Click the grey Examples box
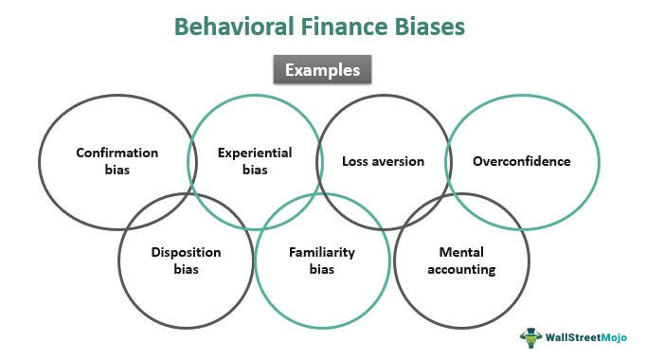click(x=322, y=70)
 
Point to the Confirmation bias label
click(x=118, y=160)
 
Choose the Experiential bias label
click(x=255, y=160)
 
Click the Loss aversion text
click(x=383, y=161)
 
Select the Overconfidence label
click(x=522, y=161)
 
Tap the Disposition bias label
click(x=186, y=261)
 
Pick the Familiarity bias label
click(x=322, y=261)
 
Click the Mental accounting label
click(x=460, y=261)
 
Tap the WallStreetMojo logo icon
click(x=529, y=336)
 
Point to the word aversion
click(x=398, y=161)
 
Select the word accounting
click(x=460, y=269)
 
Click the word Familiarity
click(x=322, y=252)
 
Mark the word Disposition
click(x=186, y=252)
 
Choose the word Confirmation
click(x=118, y=152)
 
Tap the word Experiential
click(x=255, y=152)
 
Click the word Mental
click(x=460, y=252)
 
